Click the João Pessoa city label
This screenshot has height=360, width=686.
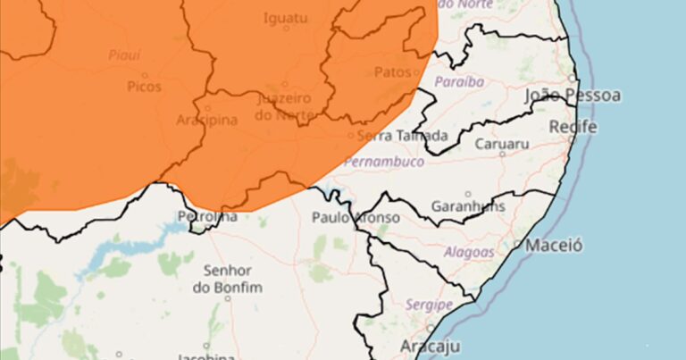point(573,96)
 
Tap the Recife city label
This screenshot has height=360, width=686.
point(573,127)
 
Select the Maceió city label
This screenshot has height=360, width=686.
point(554,244)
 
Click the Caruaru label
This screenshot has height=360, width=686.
point(502,143)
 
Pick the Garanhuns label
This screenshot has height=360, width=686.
point(468,206)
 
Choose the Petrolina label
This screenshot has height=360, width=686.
point(208,217)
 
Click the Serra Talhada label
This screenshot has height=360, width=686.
point(402,137)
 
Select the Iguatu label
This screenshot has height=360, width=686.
point(286,16)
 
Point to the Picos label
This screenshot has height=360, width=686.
point(145,88)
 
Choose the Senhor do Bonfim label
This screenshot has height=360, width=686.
point(227,278)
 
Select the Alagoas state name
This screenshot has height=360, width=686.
point(469,253)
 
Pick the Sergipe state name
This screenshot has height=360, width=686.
point(431,306)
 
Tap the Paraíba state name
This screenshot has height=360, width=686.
point(459,82)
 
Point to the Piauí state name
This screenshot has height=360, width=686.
point(124,55)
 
